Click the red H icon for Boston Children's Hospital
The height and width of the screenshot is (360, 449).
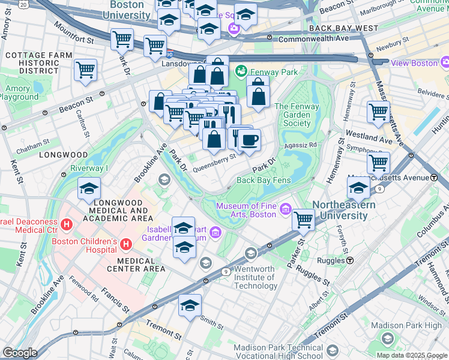tap(126, 244)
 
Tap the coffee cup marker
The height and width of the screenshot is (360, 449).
tap(249, 140)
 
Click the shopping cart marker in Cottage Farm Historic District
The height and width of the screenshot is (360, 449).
tap(85, 70)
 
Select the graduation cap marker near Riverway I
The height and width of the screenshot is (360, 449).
tap(89, 189)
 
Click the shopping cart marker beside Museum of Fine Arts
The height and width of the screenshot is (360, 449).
tap(304, 220)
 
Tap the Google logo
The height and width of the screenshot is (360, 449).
tap(20, 353)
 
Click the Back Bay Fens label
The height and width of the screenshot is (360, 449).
tap(264, 180)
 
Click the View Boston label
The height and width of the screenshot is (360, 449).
tap(415, 62)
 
